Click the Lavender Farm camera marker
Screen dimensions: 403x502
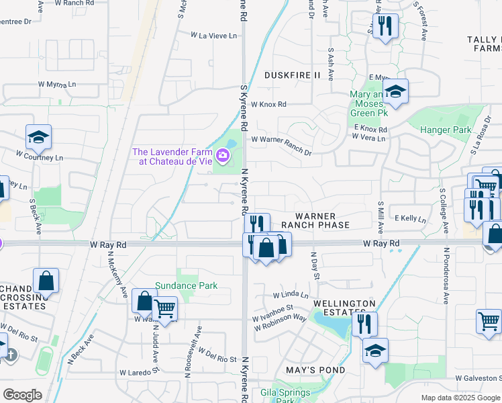[223, 156]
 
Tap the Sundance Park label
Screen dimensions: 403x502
[187, 285]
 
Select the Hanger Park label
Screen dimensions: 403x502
[446, 130]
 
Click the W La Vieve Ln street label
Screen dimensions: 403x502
[214, 35]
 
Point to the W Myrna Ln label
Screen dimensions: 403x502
[57, 85]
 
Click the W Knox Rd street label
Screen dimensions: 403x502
[268, 104]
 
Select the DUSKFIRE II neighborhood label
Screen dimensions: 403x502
[292, 75]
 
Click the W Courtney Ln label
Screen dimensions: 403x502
[41, 158]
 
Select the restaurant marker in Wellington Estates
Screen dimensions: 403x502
[364, 324]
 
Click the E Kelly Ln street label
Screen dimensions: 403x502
[411, 218]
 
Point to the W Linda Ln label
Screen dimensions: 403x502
[291, 295]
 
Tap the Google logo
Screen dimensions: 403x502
[22, 395]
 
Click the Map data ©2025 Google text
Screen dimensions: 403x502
[460, 398]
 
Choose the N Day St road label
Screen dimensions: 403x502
[314, 266]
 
